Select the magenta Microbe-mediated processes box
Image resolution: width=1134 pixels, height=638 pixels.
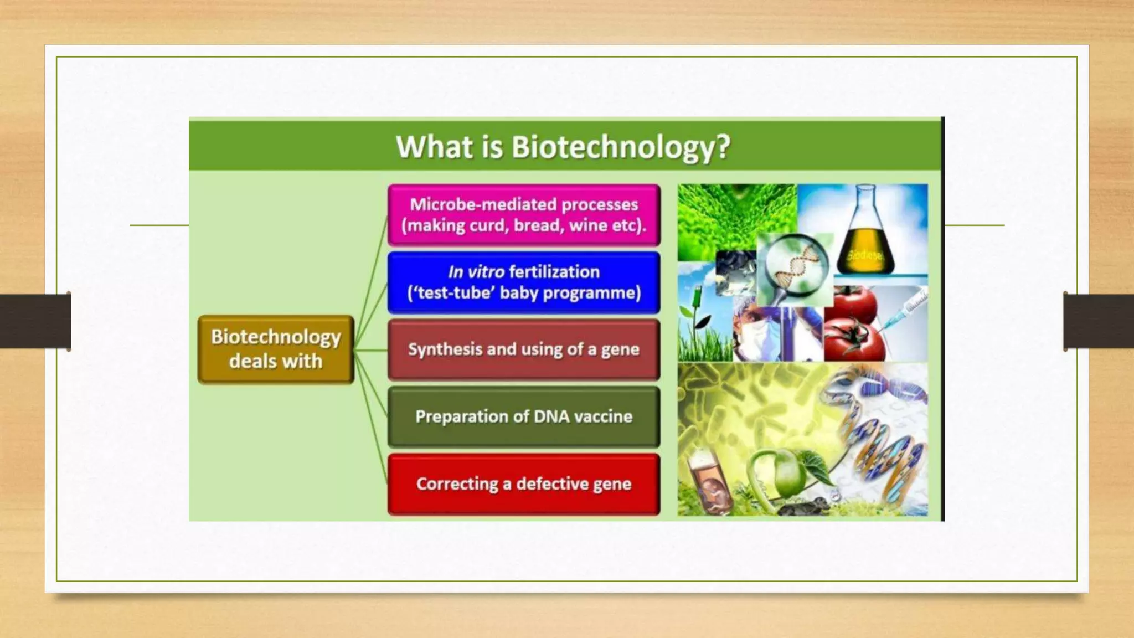[x=524, y=215]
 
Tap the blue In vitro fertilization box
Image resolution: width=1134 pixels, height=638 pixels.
[x=524, y=282]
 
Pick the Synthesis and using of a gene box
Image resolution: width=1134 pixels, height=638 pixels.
[x=524, y=349]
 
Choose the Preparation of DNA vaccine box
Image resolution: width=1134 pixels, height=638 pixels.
[x=524, y=416]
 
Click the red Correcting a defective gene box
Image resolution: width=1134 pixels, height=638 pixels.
[x=524, y=484]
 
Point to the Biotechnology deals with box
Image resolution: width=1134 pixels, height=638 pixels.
[x=276, y=349]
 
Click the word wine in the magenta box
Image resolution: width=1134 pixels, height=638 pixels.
[x=591, y=225]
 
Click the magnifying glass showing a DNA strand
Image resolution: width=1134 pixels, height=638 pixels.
[x=795, y=266]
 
